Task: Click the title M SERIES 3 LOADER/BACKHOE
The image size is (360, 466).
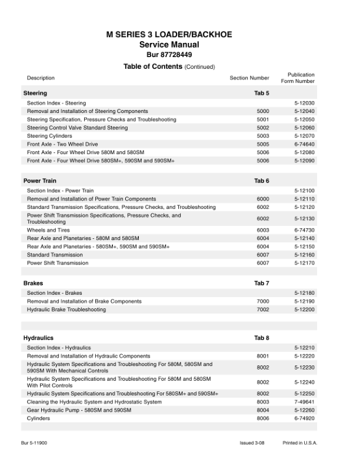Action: [x=169, y=35]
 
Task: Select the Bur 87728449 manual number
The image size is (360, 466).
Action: [x=169, y=55]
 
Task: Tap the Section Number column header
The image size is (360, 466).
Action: [x=249, y=78]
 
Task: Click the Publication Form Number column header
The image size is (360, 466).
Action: [x=301, y=78]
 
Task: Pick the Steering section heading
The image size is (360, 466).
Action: [x=35, y=93]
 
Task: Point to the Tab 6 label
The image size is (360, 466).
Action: [x=262, y=181]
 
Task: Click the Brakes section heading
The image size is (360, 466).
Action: [x=33, y=284]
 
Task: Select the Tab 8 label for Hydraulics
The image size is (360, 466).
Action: [x=262, y=338]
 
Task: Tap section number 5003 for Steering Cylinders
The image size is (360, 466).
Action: [x=263, y=136]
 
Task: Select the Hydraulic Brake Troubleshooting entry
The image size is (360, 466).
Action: [x=66, y=309]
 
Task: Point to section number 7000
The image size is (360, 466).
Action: [x=263, y=301]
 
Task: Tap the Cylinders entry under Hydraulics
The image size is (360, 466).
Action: [x=38, y=418]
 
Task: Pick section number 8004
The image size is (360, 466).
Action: [x=263, y=410]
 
